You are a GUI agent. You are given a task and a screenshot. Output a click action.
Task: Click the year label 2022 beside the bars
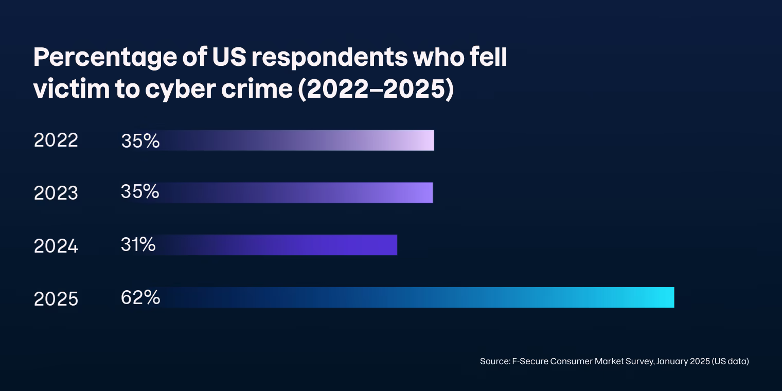pos(56,140)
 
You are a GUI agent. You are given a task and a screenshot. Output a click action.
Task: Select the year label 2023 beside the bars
pos(56,193)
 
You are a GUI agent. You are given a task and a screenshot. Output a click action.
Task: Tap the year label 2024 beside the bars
pos(56,246)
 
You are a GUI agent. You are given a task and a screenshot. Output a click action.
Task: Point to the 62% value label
pos(140,297)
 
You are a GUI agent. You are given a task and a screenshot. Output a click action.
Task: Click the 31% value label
pos(138,244)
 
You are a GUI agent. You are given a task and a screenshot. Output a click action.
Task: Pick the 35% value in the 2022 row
pos(140,140)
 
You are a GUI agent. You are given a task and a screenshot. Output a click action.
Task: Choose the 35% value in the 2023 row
pos(139,191)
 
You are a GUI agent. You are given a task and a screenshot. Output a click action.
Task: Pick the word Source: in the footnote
pos(494,361)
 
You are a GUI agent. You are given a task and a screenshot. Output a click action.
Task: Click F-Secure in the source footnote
pos(530,361)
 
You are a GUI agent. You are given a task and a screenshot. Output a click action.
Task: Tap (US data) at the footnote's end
pos(730,361)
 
